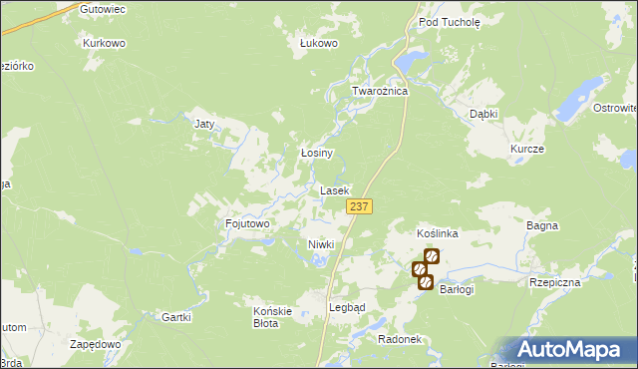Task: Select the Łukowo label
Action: pyautogui.click(x=320, y=44)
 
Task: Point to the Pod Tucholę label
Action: pyautogui.click(x=449, y=21)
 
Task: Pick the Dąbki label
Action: pyautogui.click(x=483, y=114)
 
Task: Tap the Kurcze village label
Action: pyautogui.click(x=526, y=149)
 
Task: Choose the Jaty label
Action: pyautogui.click(x=204, y=125)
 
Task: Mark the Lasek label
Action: pyautogui.click(x=334, y=189)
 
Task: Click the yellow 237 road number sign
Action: pyautogui.click(x=360, y=206)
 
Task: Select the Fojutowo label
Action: pyautogui.click(x=248, y=224)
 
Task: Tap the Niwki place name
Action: pyautogui.click(x=321, y=244)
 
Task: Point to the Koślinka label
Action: pyautogui.click(x=437, y=233)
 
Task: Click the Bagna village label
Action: pyautogui.click(x=541, y=226)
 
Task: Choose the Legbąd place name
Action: pyautogui.click(x=347, y=307)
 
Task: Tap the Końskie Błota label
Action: pyautogui.click(x=272, y=316)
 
